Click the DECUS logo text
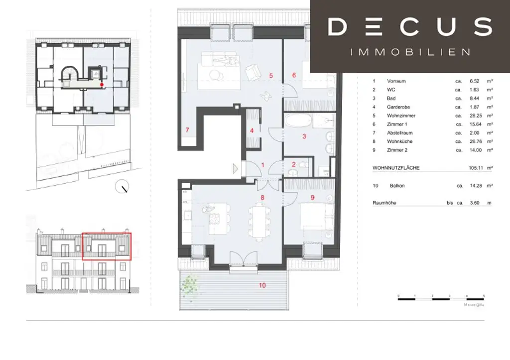[x=410, y=27]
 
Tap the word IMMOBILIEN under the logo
[x=410, y=52]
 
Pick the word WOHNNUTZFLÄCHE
[x=396, y=168]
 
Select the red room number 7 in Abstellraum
[x=187, y=130]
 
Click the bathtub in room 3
[x=299, y=121]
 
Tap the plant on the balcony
[x=189, y=284]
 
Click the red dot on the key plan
[x=102, y=85]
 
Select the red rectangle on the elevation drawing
[x=106, y=246]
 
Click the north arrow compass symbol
[x=122, y=188]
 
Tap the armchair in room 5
[x=253, y=73]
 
